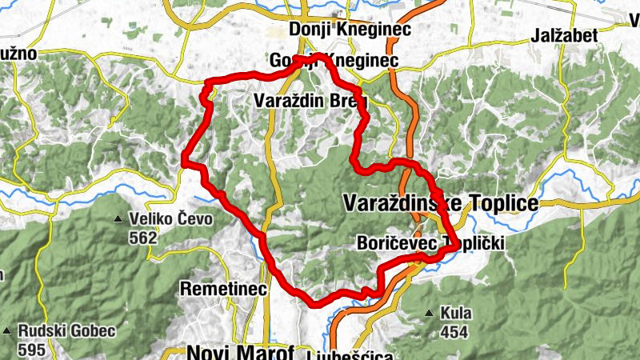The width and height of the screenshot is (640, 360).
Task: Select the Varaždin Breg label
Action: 310,102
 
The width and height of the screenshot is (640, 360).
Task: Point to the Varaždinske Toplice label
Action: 440,204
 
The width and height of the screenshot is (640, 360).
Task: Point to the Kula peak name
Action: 455,312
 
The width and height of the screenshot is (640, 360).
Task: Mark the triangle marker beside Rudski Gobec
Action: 7,330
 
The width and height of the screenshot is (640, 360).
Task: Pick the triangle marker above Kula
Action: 430,312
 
